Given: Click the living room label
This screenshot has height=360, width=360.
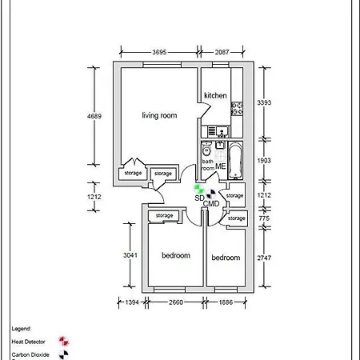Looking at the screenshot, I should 159,116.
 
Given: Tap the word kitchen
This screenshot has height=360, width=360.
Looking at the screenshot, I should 215,96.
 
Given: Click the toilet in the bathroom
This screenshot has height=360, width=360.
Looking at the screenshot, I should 206,149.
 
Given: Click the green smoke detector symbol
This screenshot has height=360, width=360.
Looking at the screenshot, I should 201,189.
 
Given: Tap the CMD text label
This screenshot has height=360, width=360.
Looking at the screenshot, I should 211,204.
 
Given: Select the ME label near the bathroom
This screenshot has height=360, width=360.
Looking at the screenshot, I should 221,166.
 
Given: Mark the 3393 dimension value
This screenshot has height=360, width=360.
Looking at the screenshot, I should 263,103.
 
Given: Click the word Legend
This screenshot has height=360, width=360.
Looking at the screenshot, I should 21,329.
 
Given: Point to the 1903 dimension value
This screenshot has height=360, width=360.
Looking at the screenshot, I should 263,161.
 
